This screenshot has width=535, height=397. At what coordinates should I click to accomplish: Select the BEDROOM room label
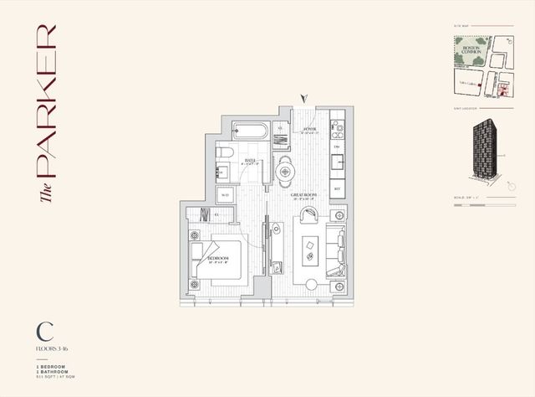218,260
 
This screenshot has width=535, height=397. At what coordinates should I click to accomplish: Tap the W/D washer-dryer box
224,195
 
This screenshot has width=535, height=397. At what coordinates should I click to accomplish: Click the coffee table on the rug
310,245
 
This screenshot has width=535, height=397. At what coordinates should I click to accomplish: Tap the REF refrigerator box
337,189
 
